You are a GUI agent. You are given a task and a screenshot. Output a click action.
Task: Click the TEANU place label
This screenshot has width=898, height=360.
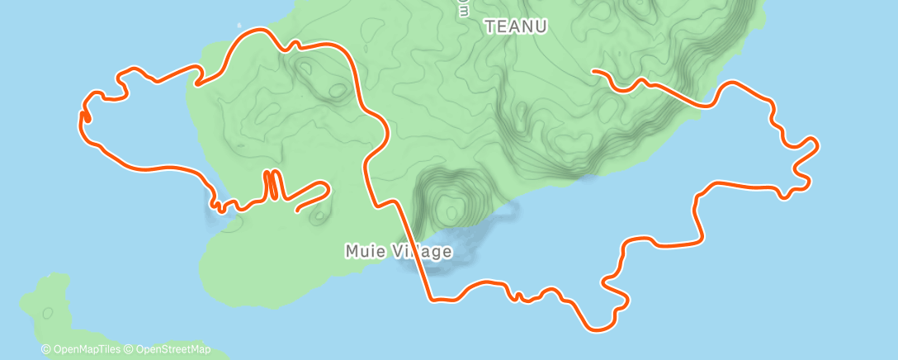[516, 26]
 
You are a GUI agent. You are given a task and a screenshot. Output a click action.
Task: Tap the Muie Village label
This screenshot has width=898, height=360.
[399, 251]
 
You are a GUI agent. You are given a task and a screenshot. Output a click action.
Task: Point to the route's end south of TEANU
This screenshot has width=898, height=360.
[594, 72]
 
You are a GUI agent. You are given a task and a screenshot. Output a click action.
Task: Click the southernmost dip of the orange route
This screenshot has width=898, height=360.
[600, 329]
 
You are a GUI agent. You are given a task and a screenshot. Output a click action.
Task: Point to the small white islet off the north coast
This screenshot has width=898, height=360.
[239, 25]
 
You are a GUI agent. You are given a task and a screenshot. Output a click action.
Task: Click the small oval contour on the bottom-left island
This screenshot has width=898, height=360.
[48, 313]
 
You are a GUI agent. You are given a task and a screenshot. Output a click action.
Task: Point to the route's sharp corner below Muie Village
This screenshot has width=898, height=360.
[430, 297]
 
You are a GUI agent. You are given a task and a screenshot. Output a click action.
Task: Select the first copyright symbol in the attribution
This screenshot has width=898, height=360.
[46, 350]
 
